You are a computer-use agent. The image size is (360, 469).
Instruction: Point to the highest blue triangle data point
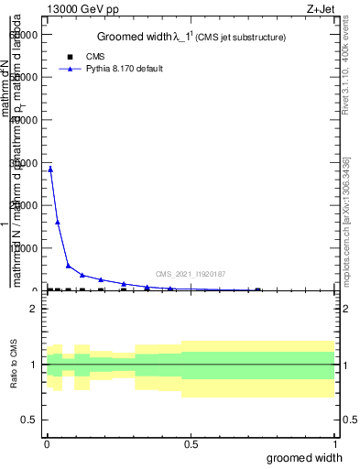click(x=50, y=169)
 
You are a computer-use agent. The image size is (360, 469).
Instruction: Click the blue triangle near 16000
click(x=58, y=222)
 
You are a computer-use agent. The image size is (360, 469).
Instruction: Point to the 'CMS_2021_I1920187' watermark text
click(x=190, y=274)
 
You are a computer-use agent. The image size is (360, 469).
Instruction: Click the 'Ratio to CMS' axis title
click(x=15, y=365)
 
